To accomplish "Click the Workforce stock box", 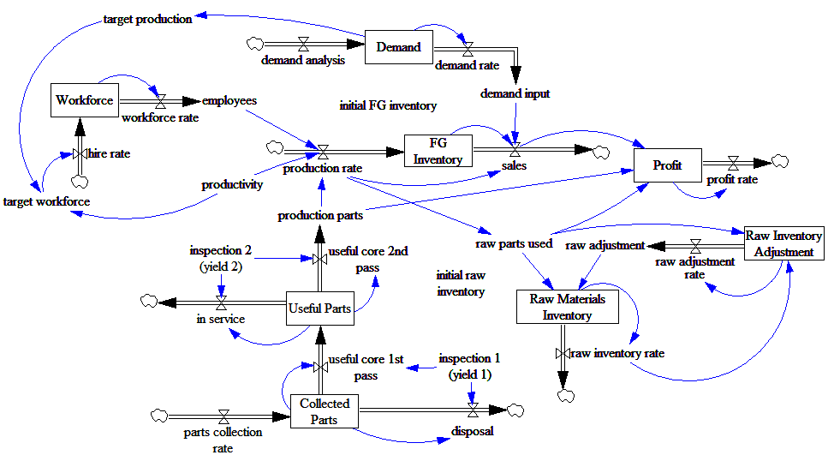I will [x=84, y=100].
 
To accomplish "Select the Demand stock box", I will [x=398, y=47].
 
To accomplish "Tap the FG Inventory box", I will [x=438, y=150].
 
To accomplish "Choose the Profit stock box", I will [x=667, y=165].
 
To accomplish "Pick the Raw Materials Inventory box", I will [x=567, y=307].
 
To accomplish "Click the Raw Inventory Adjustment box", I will [x=783, y=243].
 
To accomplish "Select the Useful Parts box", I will [x=319, y=308].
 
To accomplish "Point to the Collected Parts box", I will [x=325, y=411].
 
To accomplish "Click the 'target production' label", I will [x=147, y=19].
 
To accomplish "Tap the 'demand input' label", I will [x=515, y=93].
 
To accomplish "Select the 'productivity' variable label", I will [x=232, y=184].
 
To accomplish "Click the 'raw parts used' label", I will [x=514, y=244].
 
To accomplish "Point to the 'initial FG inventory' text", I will [x=388, y=106].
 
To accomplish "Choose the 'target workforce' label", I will [x=46, y=201].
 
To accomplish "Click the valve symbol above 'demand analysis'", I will [x=303, y=42].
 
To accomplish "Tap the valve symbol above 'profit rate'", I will [x=733, y=161].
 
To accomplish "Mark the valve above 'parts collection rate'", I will [x=223, y=416].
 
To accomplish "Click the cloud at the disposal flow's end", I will [x=515, y=411].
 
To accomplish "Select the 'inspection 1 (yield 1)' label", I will [x=465, y=366].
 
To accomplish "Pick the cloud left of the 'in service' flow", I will [x=149, y=301].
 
